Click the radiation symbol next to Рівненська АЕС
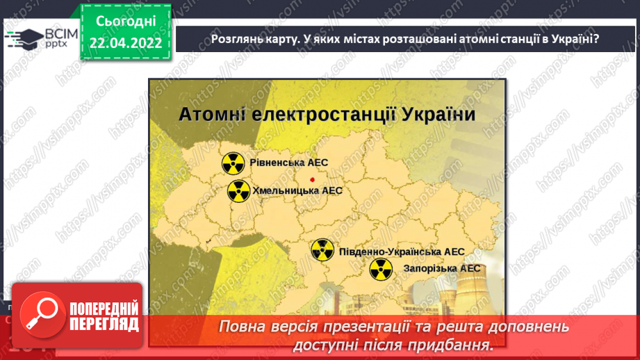[x=233, y=163]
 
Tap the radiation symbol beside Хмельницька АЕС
[x=238, y=190]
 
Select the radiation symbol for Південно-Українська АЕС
[x=322, y=250]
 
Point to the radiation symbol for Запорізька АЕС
[x=380, y=269]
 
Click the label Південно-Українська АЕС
[x=401, y=252]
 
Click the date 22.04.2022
[x=125, y=43]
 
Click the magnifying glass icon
[x=40, y=313]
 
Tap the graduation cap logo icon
[x=25, y=37]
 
